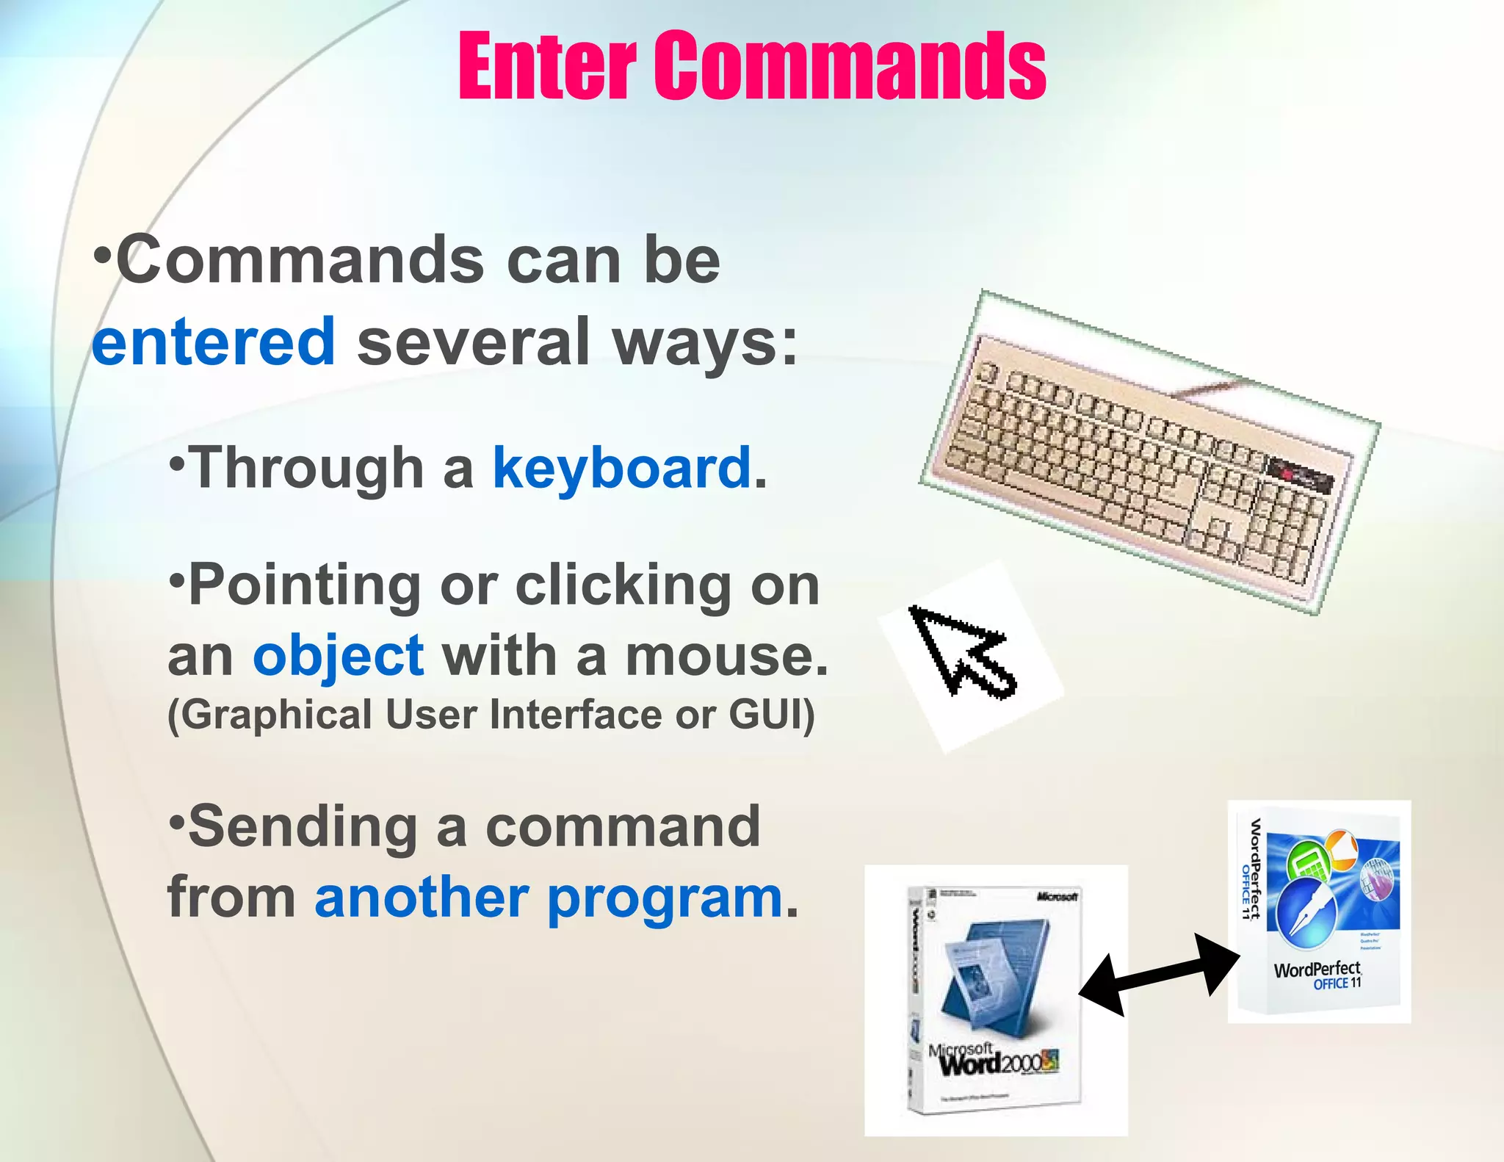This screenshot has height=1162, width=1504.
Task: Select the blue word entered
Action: [x=214, y=342]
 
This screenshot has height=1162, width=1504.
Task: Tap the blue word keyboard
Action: [x=621, y=468]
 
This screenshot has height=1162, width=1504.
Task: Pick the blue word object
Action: [x=338, y=656]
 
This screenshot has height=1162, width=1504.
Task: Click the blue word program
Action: [x=665, y=899]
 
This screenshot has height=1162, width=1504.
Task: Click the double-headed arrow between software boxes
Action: [x=1159, y=975]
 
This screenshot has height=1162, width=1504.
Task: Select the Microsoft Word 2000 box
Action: [x=995, y=999]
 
